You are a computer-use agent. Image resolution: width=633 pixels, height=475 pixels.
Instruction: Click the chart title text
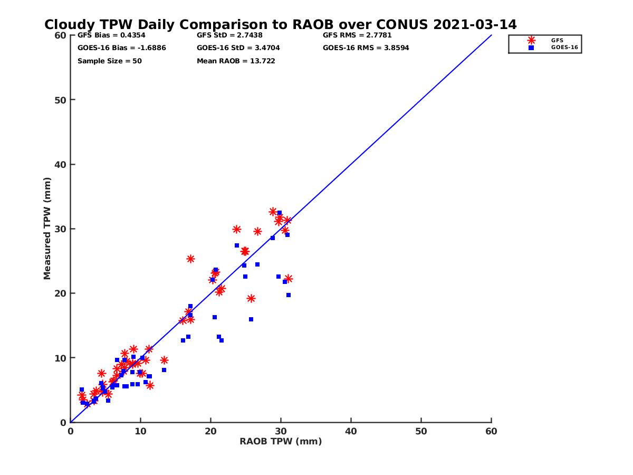[x=281, y=24]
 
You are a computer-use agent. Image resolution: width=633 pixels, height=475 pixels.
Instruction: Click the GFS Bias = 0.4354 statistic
[x=111, y=35]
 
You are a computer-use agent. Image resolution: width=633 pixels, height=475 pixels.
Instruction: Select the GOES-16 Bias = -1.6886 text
[x=122, y=48]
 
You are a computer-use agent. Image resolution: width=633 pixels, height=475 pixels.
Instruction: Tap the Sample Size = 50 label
[x=110, y=61]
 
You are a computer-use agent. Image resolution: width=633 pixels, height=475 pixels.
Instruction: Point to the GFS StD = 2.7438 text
[x=229, y=35]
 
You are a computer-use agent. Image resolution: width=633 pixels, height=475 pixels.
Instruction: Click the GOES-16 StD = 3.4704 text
[x=238, y=48]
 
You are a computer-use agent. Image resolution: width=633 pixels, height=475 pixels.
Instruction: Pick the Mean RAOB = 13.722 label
[x=236, y=61]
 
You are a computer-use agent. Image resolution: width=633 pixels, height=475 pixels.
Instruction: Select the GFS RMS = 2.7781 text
[x=357, y=35]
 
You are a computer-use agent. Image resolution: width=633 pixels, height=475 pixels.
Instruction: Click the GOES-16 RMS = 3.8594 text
[x=366, y=48]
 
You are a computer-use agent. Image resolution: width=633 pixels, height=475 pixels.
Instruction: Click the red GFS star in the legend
[x=531, y=40]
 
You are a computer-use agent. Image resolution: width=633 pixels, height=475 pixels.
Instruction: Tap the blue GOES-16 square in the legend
[x=531, y=47]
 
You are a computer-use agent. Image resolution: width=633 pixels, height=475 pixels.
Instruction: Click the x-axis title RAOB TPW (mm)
[x=281, y=442]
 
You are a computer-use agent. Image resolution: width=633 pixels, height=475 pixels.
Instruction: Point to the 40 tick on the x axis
[x=351, y=432]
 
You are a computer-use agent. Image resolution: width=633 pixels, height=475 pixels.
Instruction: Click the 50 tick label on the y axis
[x=61, y=100]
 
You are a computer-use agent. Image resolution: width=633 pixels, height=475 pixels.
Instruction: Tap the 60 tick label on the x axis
[x=491, y=432]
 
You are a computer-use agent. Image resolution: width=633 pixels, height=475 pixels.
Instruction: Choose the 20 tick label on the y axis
[x=61, y=293]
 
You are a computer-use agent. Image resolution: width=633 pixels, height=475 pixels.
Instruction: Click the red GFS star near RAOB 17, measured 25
[x=190, y=259]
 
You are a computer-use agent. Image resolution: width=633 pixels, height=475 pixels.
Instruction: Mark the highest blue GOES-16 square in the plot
[x=280, y=213]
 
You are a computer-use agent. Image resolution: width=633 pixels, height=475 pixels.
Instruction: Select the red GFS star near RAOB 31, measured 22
[x=288, y=279]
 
